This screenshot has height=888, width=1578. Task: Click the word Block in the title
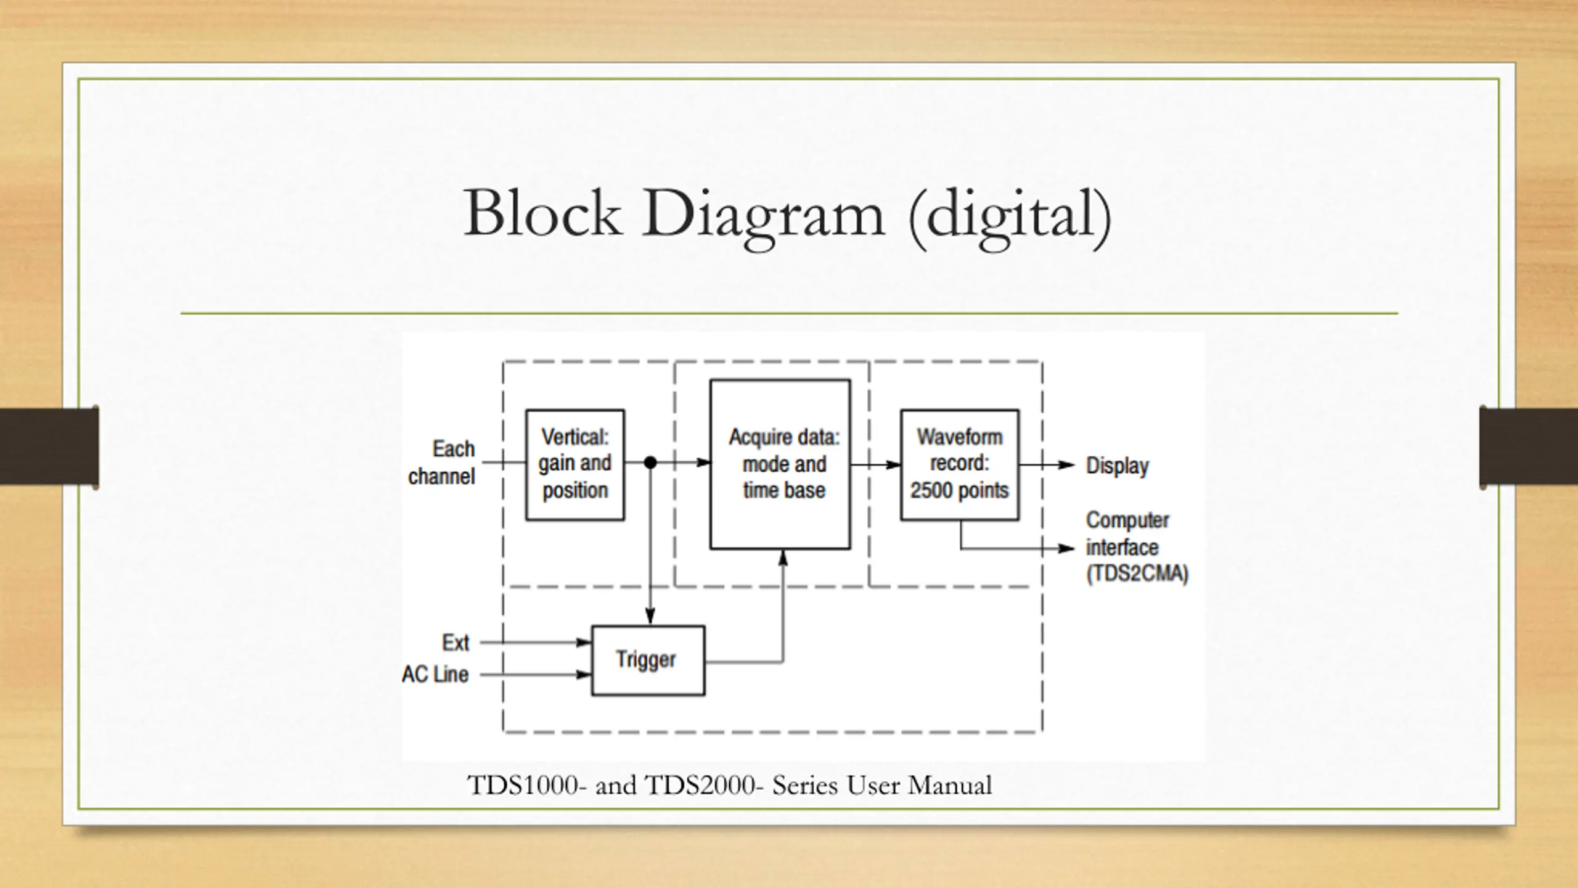pos(542,213)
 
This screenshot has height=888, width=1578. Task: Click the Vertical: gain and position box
pos(574,464)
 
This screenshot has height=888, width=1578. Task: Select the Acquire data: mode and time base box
pos(780,464)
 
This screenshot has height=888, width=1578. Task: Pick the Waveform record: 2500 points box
pos(959,464)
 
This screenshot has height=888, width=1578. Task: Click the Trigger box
pos(647,660)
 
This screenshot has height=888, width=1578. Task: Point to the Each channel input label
pos(442,462)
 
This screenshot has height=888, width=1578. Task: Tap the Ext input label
pos(456,643)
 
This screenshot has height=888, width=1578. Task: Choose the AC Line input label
pos(435,675)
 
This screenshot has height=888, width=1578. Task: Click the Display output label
pos(1117,466)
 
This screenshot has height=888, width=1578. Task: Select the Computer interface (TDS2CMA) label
pos(1135,547)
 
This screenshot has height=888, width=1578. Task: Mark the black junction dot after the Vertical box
pos(650,462)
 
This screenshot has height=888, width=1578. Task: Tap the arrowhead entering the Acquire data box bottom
pos(783,558)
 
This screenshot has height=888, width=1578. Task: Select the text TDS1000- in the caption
pos(523,786)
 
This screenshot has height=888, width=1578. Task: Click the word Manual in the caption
pos(950,786)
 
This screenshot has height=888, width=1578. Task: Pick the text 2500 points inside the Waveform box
pos(959,491)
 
